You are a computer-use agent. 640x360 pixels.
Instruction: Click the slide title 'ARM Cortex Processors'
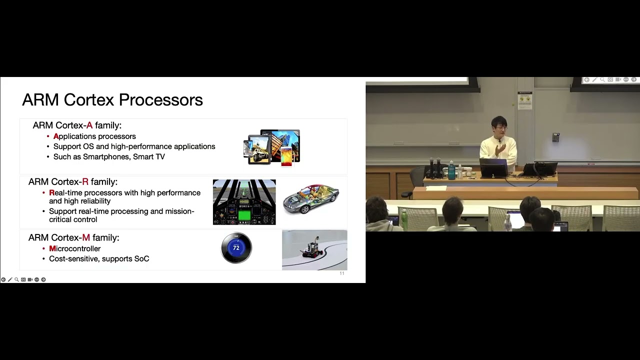pyautogui.click(x=112, y=100)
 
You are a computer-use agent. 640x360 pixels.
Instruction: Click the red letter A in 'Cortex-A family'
pyautogui.click(x=89, y=125)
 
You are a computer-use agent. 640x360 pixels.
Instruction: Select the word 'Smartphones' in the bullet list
pyautogui.click(x=106, y=156)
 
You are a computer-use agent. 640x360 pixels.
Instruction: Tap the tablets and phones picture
pyautogui.click(x=272, y=147)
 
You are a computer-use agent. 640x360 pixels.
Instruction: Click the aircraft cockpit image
pyautogui.click(x=244, y=202)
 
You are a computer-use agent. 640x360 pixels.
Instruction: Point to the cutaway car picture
pyautogui.click(x=311, y=198)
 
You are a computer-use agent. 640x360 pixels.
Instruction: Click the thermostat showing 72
pyautogui.click(x=236, y=248)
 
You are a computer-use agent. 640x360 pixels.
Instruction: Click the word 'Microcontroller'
pyautogui.click(x=75, y=248)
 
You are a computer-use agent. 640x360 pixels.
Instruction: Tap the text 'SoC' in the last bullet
pyautogui.click(x=142, y=258)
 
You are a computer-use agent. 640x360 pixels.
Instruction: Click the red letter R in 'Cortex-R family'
pyautogui.click(x=85, y=182)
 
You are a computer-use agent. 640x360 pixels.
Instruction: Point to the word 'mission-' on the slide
pyautogui.click(x=180, y=211)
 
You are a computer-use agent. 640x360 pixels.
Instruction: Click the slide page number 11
pyautogui.click(x=342, y=273)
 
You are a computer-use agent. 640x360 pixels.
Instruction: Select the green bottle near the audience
pyautogui.click(x=404, y=220)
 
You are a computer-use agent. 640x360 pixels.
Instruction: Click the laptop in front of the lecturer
pyautogui.click(x=493, y=167)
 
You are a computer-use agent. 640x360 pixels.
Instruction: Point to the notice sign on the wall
pyautogui.click(x=525, y=100)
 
